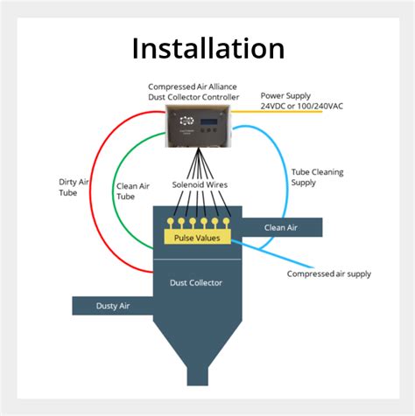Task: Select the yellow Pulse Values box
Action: point(198,237)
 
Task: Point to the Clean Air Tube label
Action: point(131,191)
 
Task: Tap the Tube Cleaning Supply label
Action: point(315,178)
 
